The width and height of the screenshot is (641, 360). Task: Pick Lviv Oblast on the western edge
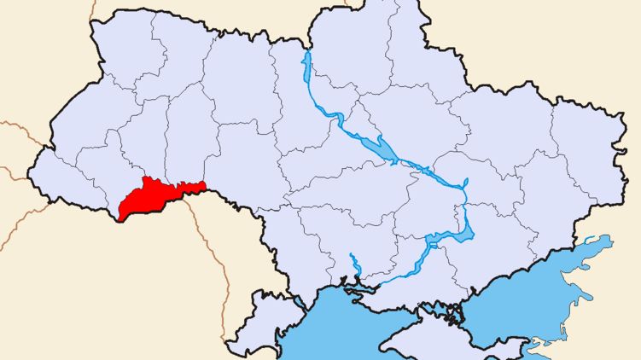click(85, 128)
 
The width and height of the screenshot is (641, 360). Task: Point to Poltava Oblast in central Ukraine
click(418, 132)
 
